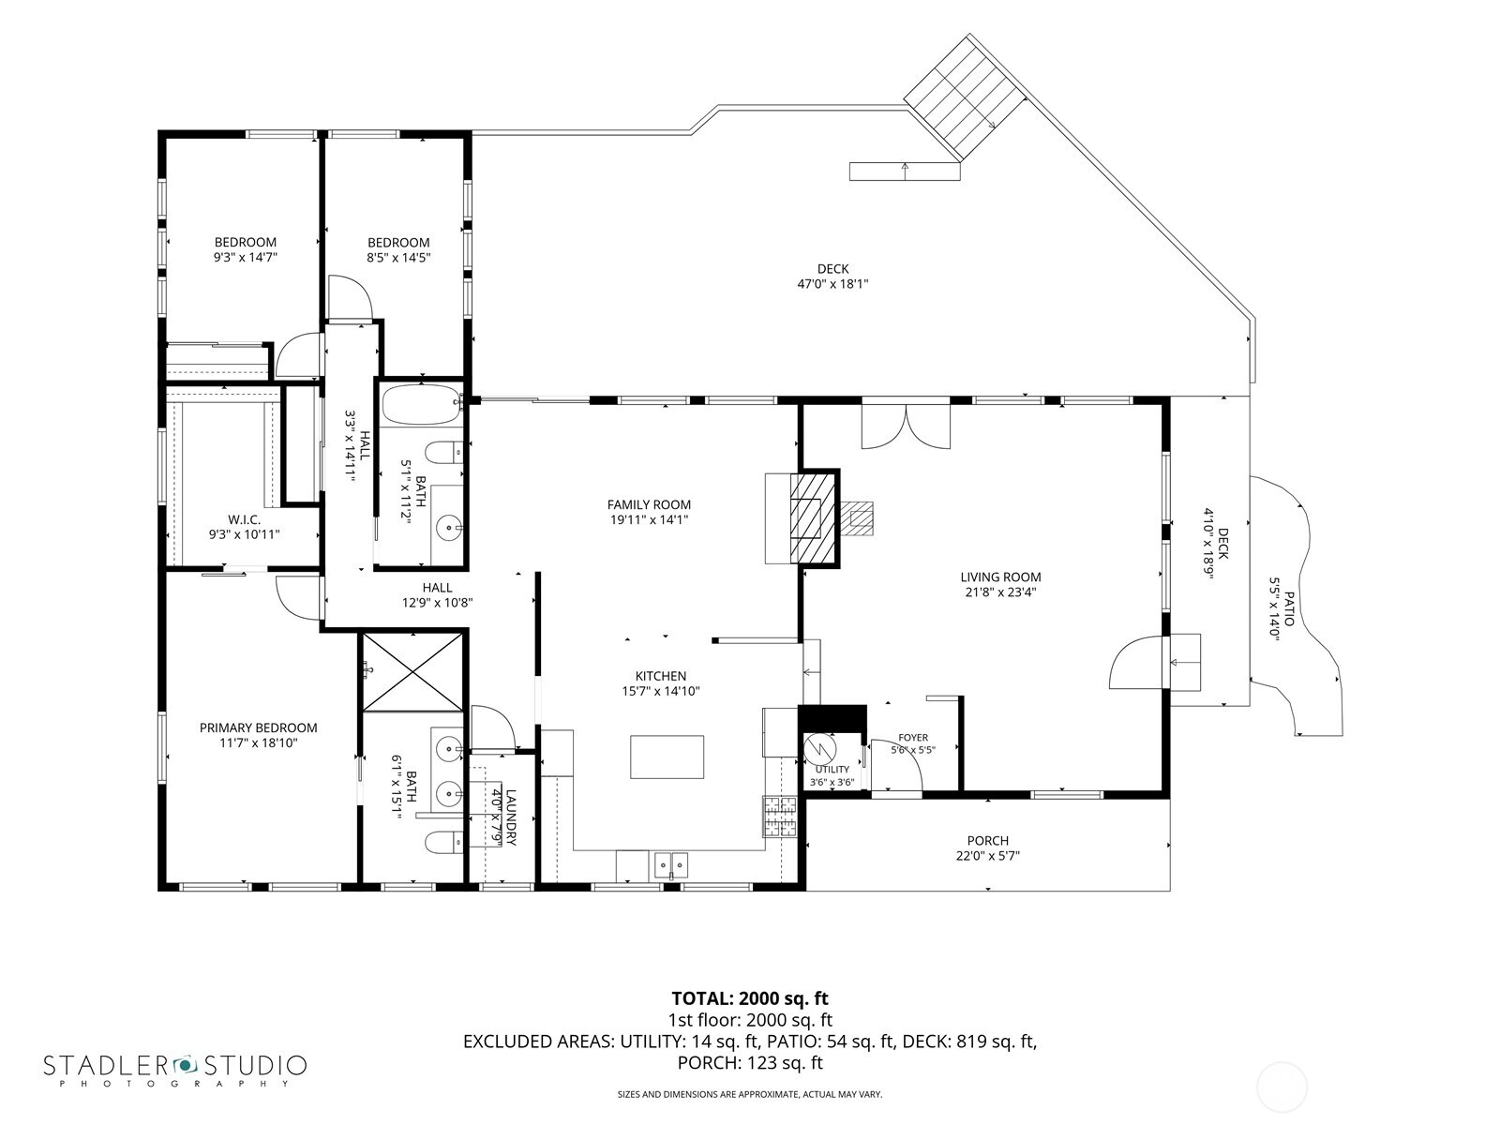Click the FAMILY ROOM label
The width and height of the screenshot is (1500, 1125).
(649, 504)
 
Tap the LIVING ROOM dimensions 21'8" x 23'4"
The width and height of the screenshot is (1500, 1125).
(1000, 592)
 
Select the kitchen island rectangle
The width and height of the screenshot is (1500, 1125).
(667, 757)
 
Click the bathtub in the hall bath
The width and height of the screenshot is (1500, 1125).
(421, 405)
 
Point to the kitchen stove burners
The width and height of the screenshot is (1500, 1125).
(780, 817)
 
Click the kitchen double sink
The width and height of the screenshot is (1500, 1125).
(671, 864)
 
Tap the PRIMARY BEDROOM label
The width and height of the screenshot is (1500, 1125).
(259, 727)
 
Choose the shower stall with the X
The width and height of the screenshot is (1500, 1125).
(412, 672)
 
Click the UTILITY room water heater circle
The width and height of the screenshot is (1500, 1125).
(819, 748)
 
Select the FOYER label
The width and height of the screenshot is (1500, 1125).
(913, 737)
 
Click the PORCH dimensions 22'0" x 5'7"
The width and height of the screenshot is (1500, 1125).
(987, 855)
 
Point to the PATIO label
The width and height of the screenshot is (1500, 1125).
(1289, 608)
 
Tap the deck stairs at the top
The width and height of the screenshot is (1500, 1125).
(966, 97)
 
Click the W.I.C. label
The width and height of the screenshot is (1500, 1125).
(244, 519)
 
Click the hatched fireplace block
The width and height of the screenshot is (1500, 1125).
(813, 517)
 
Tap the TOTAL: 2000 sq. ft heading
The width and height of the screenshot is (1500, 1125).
(750, 998)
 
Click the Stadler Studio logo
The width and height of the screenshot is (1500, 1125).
(175, 1071)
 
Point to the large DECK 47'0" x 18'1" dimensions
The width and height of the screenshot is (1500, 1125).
(832, 283)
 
